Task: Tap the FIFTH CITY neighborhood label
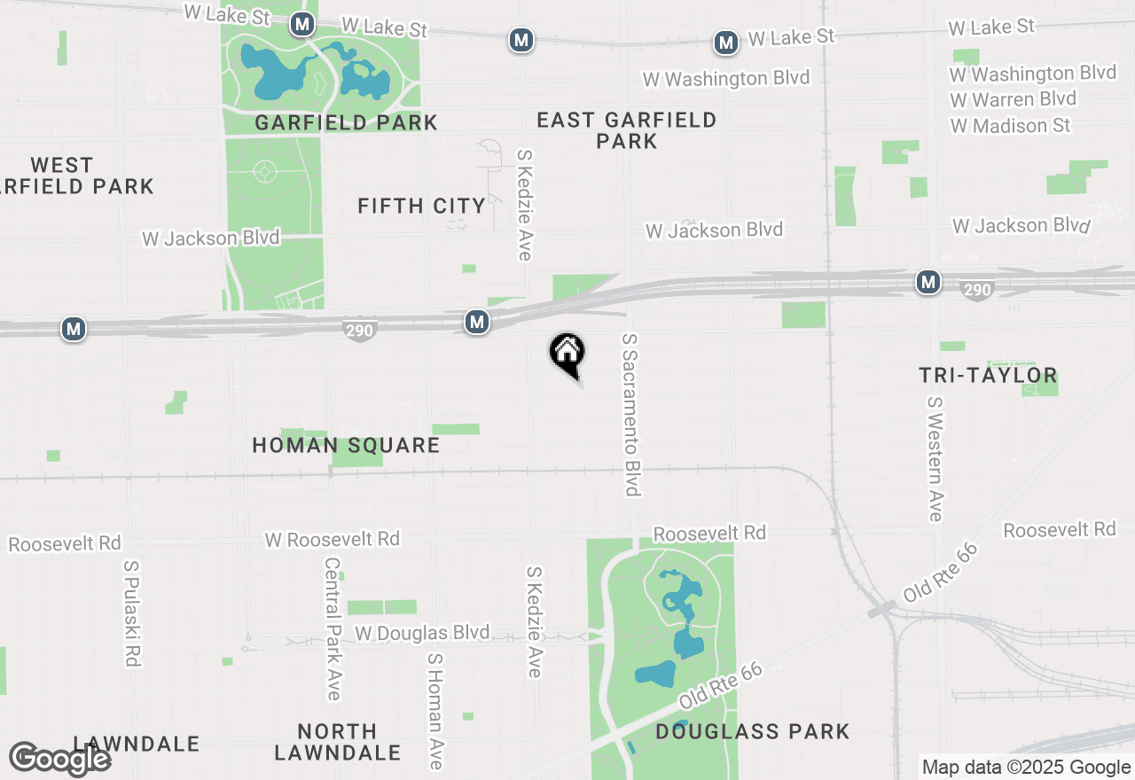click(422, 207)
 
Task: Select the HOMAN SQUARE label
click(346, 445)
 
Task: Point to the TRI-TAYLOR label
click(988, 376)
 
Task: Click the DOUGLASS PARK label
click(753, 731)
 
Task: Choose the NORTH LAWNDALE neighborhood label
click(337, 742)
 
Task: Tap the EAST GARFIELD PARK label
click(627, 130)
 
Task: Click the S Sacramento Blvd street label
click(630, 415)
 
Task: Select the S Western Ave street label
click(934, 458)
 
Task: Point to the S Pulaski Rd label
click(132, 612)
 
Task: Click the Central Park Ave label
click(333, 628)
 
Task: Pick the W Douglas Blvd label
click(422, 633)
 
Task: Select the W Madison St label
click(1009, 126)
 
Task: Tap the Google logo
click(60, 759)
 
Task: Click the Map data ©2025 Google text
click(1026, 768)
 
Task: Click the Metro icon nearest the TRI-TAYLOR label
click(928, 283)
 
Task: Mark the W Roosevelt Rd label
click(332, 539)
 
